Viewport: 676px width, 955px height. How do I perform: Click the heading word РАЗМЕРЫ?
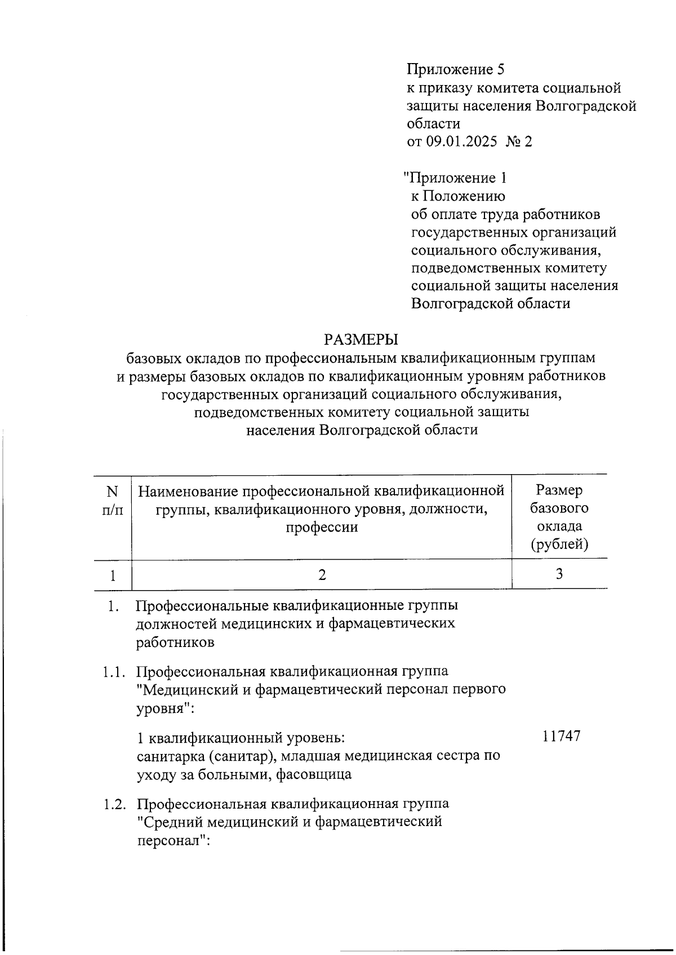coord(361,340)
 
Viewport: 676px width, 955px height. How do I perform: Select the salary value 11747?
coord(561,736)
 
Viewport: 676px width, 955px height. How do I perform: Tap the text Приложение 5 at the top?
coord(455,69)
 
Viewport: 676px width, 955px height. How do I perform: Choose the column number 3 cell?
coord(559,574)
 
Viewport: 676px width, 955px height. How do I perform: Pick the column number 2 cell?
coord(322,574)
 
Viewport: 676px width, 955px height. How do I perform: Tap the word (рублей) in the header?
coord(559,545)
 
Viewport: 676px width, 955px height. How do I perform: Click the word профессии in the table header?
coord(322,527)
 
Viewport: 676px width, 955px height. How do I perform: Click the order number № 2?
coord(519,141)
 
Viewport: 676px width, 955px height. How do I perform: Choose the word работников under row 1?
coord(175,642)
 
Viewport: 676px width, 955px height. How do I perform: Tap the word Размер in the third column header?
coord(559,490)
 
